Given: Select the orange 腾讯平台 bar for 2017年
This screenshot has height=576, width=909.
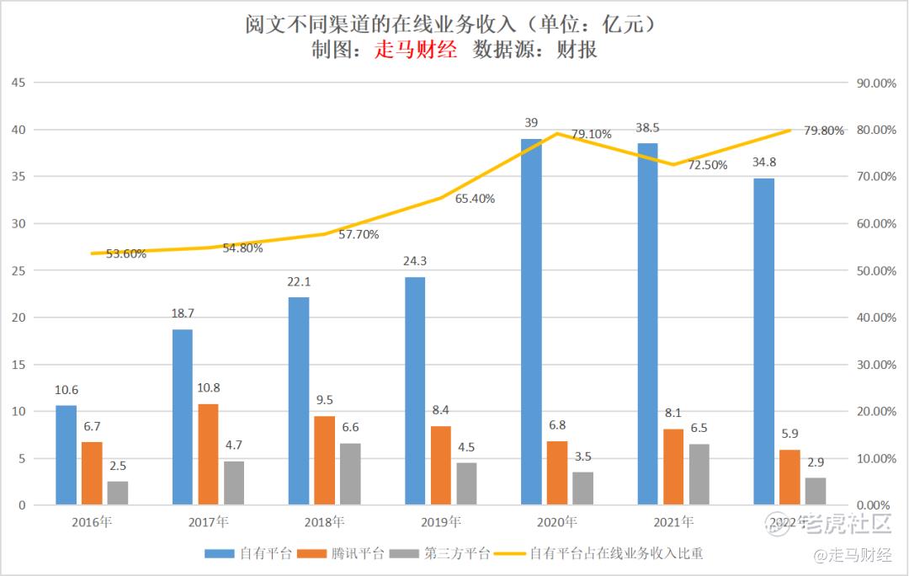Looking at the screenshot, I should pyautogui.click(x=208, y=455).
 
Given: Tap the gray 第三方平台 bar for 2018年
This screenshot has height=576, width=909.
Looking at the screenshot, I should pyautogui.click(x=350, y=474).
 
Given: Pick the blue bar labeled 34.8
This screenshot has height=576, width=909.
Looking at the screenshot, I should pyautogui.click(x=763, y=341).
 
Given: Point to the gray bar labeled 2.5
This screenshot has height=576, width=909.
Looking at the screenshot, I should pyautogui.click(x=118, y=493).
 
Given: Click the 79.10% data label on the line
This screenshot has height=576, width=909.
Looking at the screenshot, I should pyautogui.click(x=592, y=134).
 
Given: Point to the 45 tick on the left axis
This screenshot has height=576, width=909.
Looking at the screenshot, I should pyautogui.click(x=19, y=83).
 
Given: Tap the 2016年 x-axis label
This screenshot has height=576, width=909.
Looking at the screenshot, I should pyautogui.click(x=92, y=522).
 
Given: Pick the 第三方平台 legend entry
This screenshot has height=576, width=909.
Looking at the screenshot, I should pyautogui.click(x=457, y=553).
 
